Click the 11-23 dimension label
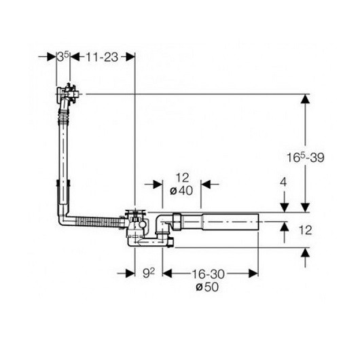pyautogui.click(x=102, y=57)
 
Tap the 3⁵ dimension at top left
pyautogui.click(x=63, y=57)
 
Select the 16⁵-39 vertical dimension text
pyautogui.click(x=306, y=158)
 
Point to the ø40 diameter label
pyautogui.click(x=181, y=191)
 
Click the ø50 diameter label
pyautogui.click(x=207, y=287)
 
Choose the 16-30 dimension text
pyautogui.click(x=208, y=274)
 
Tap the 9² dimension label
pyautogui.click(x=149, y=273)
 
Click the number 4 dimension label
pyautogui.click(x=284, y=183)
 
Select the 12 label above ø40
pyautogui.click(x=183, y=178)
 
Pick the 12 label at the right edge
pyautogui.click(x=305, y=230)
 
